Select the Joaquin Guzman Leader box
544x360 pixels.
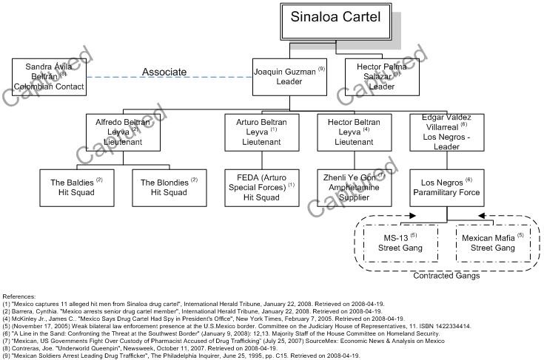point(290,75)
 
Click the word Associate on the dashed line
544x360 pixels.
point(164,72)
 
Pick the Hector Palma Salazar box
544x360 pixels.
point(382,75)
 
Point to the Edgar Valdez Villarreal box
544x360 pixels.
point(443,131)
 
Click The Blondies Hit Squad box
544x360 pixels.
point(168,187)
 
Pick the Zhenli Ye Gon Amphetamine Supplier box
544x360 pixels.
point(353,187)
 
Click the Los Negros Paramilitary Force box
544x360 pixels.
point(446,187)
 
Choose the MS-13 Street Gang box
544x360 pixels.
point(401,243)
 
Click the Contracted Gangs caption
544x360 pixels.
point(446,276)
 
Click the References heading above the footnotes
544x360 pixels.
point(19,296)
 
